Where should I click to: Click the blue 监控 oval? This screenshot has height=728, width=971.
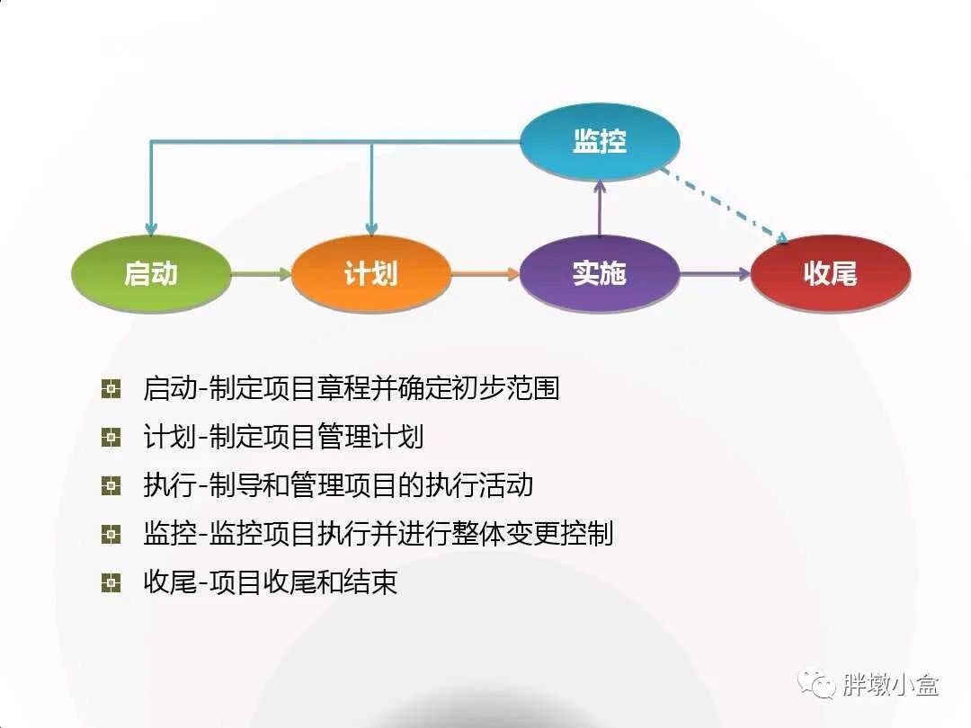(600, 142)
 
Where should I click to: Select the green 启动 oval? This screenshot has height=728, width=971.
(150, 273)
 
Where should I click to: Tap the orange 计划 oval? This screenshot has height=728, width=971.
(370, 273)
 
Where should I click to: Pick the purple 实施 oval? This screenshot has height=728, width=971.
(599, 273)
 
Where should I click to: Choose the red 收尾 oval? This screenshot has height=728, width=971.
(830, 273)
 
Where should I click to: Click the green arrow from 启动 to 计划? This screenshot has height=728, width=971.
(261, 273)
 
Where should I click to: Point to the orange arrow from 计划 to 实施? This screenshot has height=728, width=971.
(485, 273)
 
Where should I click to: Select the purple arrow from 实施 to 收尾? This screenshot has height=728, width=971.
(714, 273)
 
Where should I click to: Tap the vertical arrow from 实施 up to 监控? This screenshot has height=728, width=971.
(599, 207)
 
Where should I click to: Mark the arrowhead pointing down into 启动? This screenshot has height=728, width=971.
(151, 228)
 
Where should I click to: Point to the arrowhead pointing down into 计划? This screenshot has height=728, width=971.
(371, 228)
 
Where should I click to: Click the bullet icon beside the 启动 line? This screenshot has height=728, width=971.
(111, 389)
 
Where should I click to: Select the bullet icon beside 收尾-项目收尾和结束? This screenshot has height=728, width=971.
(111, 583)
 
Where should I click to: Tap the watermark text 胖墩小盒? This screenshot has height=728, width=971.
(890, 686)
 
